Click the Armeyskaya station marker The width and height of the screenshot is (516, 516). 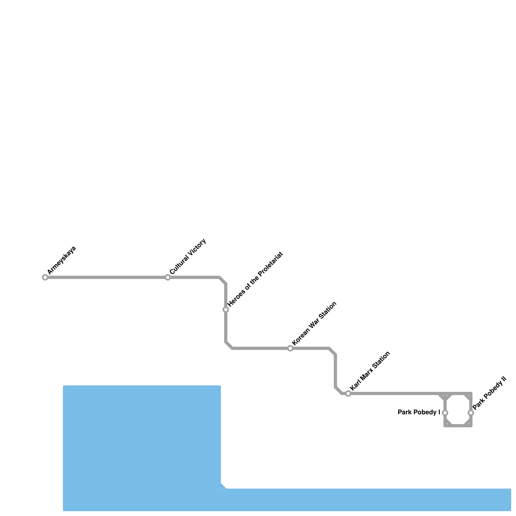[45, 277]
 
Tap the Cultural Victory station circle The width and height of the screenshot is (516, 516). [168, 277]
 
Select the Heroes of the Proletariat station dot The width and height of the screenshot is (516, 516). [226, 310]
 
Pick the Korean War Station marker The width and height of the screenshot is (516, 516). [290, 348]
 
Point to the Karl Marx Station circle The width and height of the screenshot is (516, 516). [348, 393]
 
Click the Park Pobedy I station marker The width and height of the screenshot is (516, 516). [445, 413]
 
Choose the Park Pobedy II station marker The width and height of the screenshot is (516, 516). [471, 413]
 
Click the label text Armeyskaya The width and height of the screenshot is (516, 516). [62, 260]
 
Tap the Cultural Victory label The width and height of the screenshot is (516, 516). [188, 257]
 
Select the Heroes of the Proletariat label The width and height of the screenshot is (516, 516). [255, 279]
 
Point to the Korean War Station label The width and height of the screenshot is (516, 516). [314, 323]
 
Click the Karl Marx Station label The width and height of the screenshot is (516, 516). [370, 370]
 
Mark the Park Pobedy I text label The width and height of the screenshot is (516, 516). [419, 412]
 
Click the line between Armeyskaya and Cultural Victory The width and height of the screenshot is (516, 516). [106, 277]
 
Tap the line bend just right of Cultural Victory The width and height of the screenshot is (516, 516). [223, 280]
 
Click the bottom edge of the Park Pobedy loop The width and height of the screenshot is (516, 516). [458, 426]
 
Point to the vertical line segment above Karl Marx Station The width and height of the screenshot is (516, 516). [335, 371]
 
